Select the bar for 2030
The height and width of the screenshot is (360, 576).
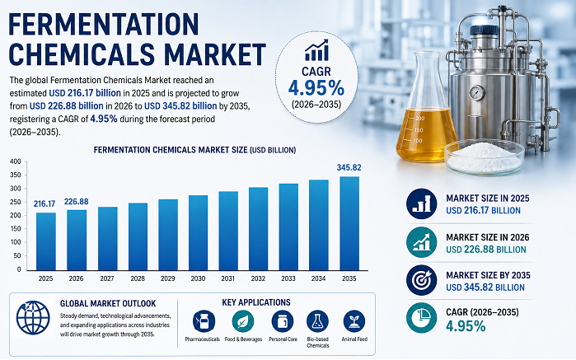click(198, 233)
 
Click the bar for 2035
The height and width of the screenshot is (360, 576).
click(349, 224)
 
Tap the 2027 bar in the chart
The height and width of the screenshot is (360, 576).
click(108, 239)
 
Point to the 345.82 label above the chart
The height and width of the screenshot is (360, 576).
click(349, 167)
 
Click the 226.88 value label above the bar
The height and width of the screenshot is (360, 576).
click(77, 201)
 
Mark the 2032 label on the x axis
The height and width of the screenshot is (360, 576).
click(258, 278)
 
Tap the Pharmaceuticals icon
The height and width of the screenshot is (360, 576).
click(204, 321)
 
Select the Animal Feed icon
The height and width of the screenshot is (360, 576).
click(354, 321)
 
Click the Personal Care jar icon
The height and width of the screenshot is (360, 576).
click(283, 321)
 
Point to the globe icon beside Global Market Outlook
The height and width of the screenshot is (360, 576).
click(33, 318)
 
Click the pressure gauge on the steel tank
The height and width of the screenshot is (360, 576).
click(477, 92)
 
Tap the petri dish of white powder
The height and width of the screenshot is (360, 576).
click(485, 157)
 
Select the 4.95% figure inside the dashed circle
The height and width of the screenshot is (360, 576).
click(316, 88)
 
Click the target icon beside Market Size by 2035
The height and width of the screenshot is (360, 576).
click(422, 280)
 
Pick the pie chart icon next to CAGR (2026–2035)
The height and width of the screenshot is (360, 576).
click(422, 318)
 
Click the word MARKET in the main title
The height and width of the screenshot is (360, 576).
click(215, 54)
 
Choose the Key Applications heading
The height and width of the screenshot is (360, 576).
click(256, 302)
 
